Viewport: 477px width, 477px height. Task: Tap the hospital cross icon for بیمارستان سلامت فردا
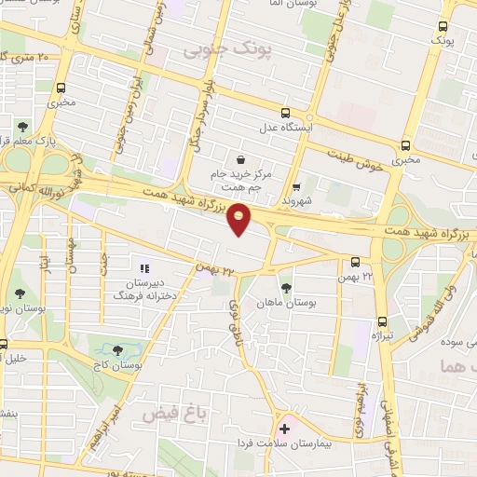point(284,429)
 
